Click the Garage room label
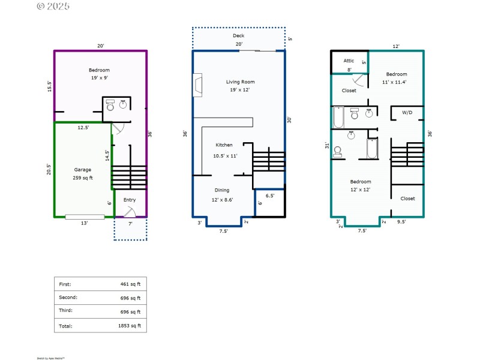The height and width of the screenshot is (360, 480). (83, 170)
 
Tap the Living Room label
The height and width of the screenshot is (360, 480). (240, 82)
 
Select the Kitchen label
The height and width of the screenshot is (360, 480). (224, 145)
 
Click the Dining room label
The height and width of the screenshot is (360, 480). (223, 190)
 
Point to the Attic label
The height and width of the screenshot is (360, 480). (349, 61)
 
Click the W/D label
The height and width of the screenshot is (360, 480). (407, 112)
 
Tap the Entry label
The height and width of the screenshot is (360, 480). (130, 200)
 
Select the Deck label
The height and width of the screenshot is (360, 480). (239, 36)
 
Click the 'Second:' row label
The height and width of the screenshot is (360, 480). (68, 297)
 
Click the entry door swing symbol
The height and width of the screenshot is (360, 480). (130, 211)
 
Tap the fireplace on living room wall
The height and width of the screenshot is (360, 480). (197, 85)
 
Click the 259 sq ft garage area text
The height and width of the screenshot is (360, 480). (85, 178)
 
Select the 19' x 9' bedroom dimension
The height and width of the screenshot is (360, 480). (100, 78)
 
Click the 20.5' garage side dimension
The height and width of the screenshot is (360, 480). (49, 170)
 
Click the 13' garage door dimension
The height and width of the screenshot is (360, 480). (85, 223)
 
